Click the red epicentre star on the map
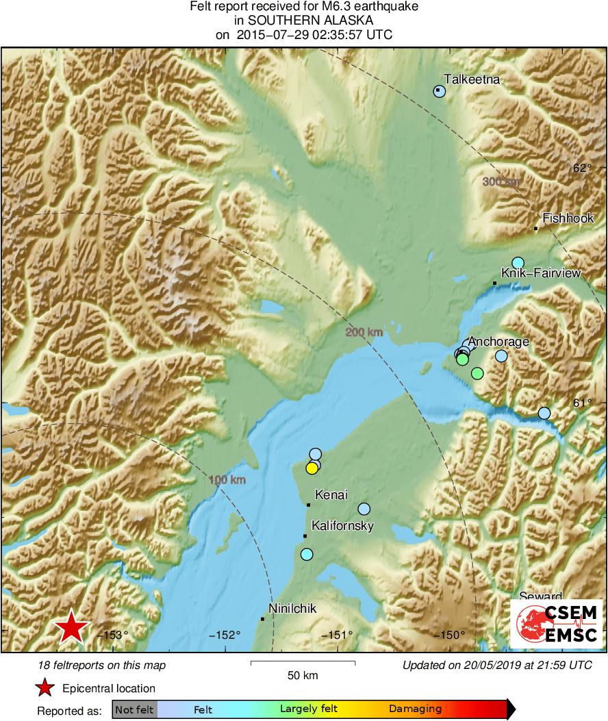(71, 628)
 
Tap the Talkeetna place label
(472, 79)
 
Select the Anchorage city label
(498, 342)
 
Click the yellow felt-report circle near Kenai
(312, 468)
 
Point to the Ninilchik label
(293, 607)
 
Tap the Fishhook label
(568, 218)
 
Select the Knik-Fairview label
(541, 273)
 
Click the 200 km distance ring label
(364, 333)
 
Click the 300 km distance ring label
(501, 181)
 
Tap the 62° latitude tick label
(581, 168)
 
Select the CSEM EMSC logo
(555, 623)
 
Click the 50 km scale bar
(303, 663)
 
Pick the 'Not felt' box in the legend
(134, 709)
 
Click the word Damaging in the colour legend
(415, 709)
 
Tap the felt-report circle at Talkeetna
(440, 92)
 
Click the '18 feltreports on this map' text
(102, 665)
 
